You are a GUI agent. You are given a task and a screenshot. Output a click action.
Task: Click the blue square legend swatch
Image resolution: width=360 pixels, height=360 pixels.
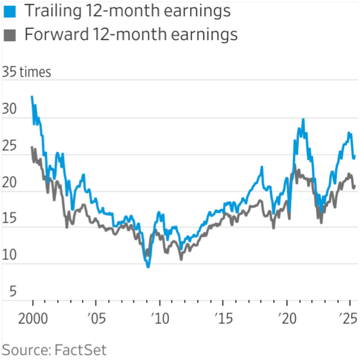coord(9,11)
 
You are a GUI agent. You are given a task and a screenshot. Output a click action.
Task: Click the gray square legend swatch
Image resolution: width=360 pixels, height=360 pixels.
coord(9,35)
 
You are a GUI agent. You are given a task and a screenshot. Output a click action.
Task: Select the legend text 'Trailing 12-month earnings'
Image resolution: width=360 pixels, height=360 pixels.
coord(128,11)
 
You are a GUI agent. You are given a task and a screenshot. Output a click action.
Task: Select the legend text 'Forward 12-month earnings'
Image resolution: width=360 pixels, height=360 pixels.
coord(131,35)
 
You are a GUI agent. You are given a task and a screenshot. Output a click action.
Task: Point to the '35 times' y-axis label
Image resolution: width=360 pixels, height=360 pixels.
coord(27,72)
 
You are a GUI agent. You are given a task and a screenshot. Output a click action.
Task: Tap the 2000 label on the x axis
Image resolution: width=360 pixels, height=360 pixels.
coord(33,321)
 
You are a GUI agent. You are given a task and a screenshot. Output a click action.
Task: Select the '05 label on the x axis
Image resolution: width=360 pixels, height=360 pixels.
coord(96,321)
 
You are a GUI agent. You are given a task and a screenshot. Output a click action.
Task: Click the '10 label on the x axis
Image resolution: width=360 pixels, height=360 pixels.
coord(159,321)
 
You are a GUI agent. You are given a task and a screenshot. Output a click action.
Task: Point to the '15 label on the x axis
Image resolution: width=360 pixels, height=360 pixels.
coord(223,321)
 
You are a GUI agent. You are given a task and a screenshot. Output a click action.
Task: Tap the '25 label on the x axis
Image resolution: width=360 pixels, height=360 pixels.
coord(349,321)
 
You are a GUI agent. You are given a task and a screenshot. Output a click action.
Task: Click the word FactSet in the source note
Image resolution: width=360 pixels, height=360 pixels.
coord(81,350)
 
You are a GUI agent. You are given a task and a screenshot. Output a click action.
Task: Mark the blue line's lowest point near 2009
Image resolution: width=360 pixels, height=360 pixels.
coord(148,267)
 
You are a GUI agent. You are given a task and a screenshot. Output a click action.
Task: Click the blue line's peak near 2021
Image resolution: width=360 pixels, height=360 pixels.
coord(303,119)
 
